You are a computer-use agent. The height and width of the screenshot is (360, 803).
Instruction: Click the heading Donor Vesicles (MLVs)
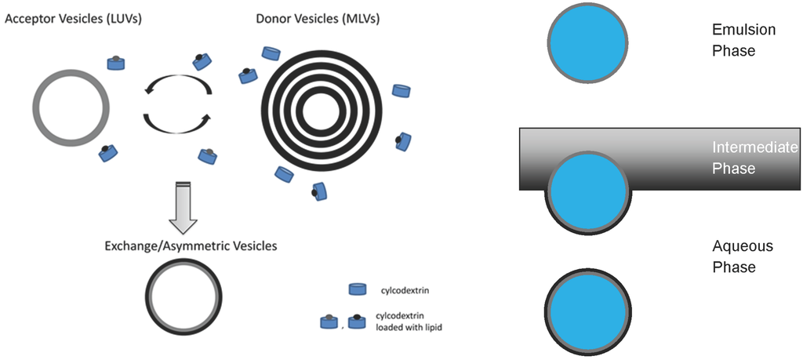(318, 16)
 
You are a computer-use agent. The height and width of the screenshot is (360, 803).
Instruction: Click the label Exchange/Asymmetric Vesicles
(191, 245)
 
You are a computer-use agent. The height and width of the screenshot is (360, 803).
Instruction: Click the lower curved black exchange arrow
(177, 123)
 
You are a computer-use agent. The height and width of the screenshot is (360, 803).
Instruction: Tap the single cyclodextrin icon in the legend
(358, 290)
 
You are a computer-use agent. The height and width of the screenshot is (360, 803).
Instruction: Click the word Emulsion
(743, 31)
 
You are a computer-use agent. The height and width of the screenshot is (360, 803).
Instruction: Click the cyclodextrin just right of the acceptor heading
(117, 62)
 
